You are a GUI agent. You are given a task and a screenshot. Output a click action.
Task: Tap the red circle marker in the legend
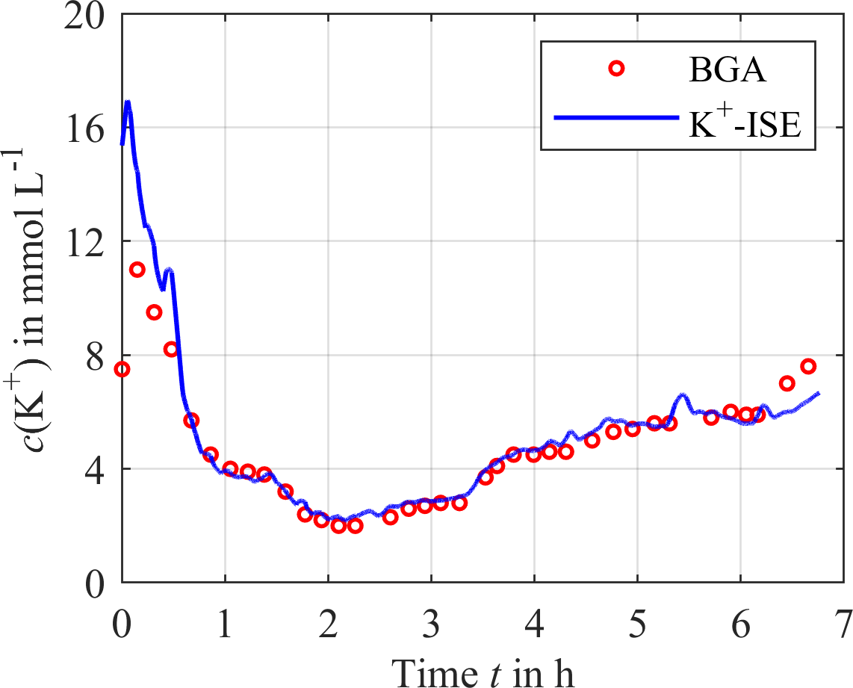616,69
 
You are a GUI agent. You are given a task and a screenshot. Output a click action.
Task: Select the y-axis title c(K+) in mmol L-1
34,299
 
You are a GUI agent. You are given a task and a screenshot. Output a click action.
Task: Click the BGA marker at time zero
122,369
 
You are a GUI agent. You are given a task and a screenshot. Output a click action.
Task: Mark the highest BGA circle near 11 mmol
137,270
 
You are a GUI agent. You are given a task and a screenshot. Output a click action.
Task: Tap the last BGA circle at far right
808,366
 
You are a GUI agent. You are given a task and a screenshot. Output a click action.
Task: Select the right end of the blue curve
819,393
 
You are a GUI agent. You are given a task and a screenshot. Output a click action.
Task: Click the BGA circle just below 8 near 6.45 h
787,383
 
